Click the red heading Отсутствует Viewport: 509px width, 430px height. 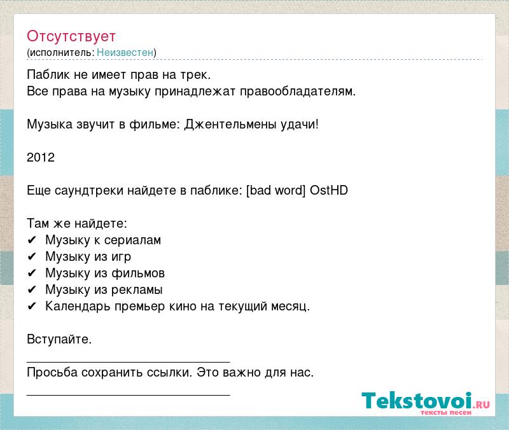click(71, 36)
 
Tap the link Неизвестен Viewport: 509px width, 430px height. click(125, 52)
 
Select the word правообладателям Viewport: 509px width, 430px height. click(298, 92)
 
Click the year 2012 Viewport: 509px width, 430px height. click(41, 157)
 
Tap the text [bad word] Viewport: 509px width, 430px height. click(276, 190)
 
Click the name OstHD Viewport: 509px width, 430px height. click(329, 190)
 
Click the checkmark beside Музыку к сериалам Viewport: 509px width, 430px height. click(31, 240)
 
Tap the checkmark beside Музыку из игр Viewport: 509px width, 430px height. click(31, 257)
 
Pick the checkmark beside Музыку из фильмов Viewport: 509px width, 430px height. click(31, 274)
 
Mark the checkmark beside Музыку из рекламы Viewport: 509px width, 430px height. click(31, 290)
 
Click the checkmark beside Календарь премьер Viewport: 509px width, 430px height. click(31, 307)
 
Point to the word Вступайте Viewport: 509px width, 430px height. click(59, 339)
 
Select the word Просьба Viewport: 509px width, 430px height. click(52, 372)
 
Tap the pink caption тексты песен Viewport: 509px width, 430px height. click(446, 412)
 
